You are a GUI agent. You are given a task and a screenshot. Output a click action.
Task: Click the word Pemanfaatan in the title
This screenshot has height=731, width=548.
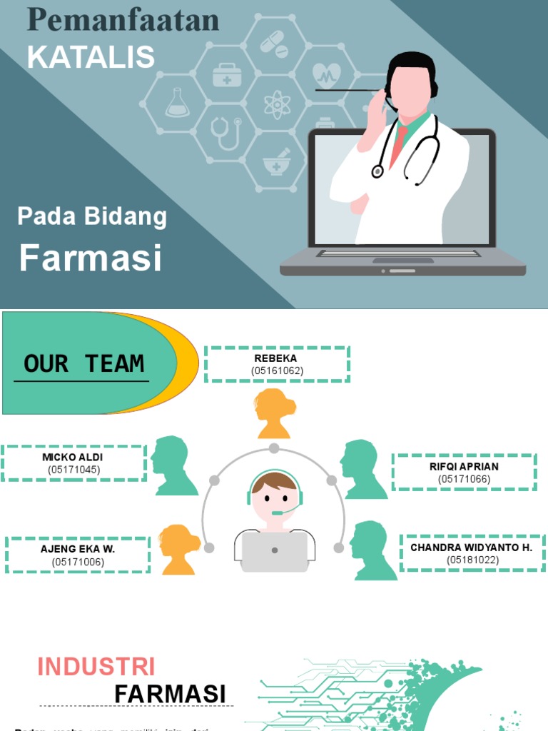pos(123,21)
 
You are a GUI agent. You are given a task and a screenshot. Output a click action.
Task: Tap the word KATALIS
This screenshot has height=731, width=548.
pos(91,57)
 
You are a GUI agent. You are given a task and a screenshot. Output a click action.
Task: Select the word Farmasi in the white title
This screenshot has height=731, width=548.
pos(91,258)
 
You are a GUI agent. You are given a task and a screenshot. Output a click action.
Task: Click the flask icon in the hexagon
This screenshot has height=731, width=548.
pos(177,103)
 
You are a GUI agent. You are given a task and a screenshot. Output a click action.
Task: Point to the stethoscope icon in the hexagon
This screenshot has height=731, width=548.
pos(227,133)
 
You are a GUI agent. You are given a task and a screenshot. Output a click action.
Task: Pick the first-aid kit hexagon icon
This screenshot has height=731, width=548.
pos(227,74)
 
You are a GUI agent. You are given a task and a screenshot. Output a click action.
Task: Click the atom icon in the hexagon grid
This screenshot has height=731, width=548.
pos(277,104)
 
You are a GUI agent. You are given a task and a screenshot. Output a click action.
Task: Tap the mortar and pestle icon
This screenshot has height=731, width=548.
pos(277,162)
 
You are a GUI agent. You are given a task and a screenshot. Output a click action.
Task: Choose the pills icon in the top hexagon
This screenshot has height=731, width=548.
pos(274,45)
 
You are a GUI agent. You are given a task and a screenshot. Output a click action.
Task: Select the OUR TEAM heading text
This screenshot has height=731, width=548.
pos(83,363)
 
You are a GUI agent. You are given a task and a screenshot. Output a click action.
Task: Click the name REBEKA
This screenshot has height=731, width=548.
pos(276,358)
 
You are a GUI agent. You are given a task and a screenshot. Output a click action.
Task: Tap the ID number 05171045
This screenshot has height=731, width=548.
pos(73,470)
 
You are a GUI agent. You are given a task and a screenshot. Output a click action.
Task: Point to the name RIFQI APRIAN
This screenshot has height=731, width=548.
pos(464,466)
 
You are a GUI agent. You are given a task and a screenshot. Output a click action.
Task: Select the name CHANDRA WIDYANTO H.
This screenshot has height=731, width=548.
pos(472,548)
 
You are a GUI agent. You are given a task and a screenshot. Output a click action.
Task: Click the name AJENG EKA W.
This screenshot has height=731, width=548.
pos(78,549)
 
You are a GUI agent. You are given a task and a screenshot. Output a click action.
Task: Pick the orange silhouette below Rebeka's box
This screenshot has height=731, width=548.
pos(275,413)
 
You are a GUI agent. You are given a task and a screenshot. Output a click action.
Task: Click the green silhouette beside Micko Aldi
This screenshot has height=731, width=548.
pos(173,465)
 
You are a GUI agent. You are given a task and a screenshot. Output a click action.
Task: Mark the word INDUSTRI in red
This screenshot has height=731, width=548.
pos(96,667)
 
